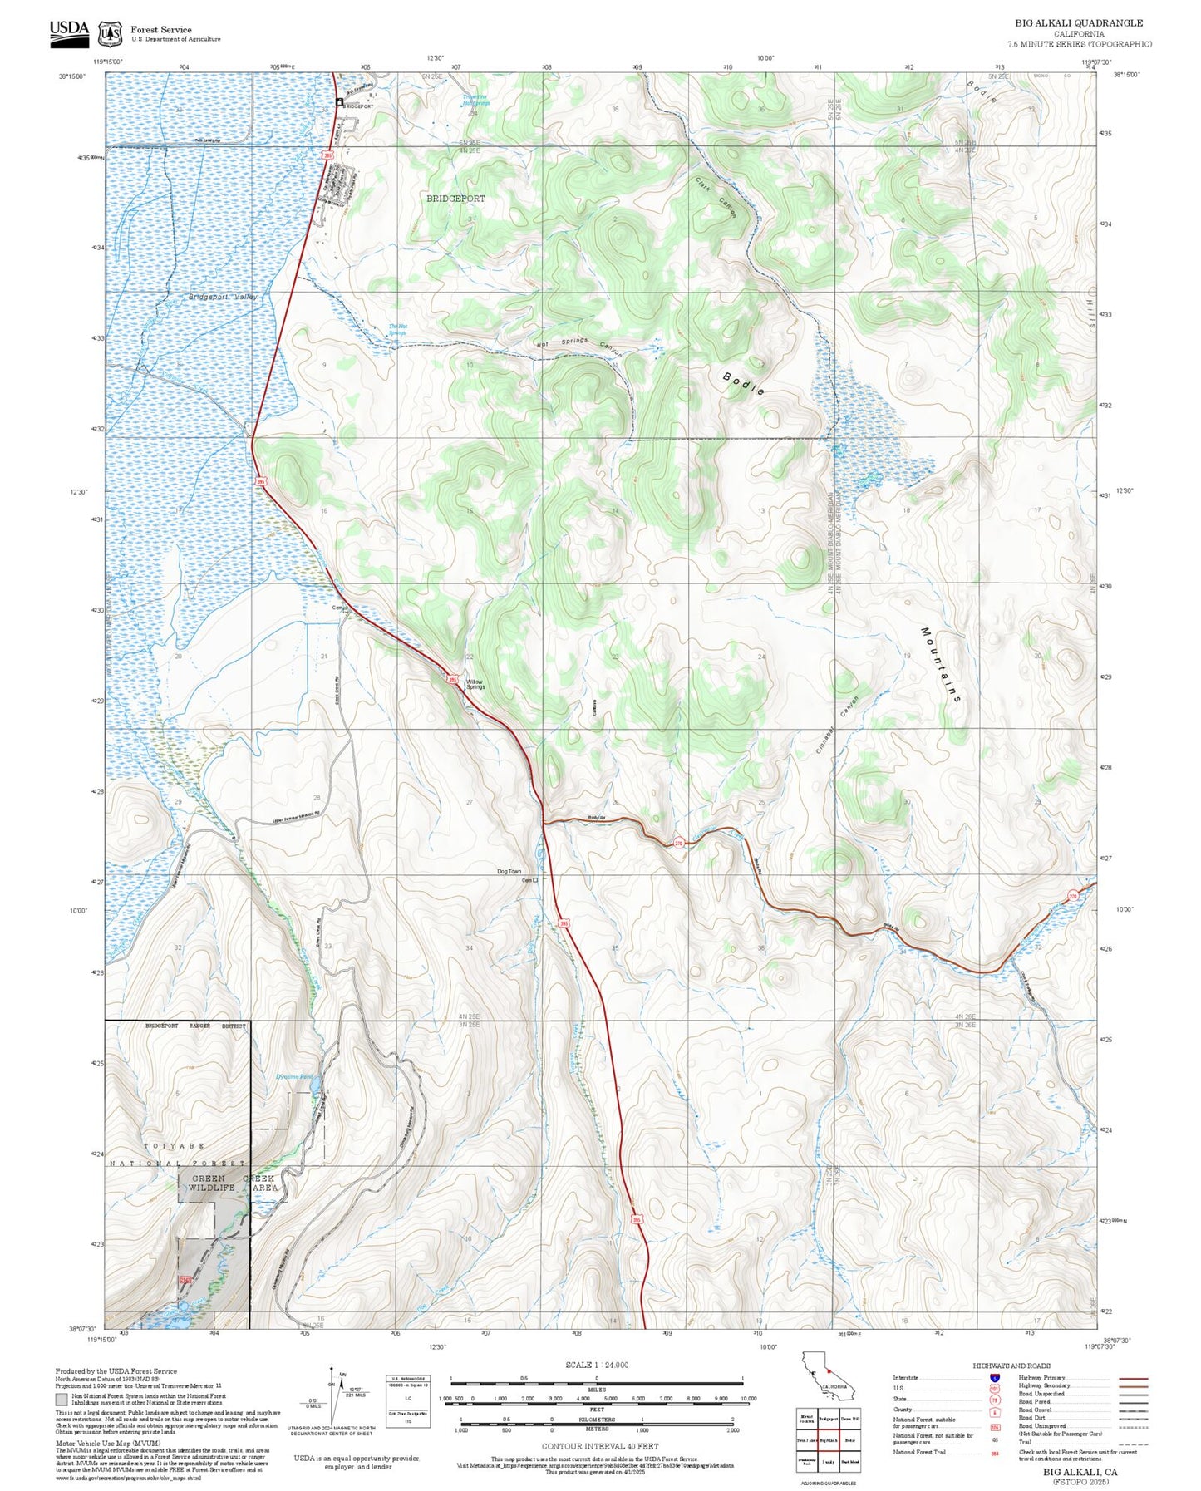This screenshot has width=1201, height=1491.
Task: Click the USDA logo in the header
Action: [x=69, y=31]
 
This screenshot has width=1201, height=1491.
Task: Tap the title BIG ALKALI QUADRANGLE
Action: [x=1078, y=23]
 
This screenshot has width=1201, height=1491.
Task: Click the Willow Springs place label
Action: [x=475, y=684]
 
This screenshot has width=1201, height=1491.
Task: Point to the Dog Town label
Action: [x=509, y=872]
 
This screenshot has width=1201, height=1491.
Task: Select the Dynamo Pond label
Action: [x=293, y=1077]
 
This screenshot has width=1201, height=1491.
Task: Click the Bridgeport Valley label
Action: [x=223, y=297]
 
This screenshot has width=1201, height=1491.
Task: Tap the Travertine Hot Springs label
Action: [x=476, y=100]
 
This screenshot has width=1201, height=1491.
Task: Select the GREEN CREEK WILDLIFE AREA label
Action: [x=234, y=1183]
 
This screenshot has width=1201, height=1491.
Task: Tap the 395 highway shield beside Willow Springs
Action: [x=452, y=679]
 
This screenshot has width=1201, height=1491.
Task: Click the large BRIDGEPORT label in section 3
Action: [x=455, y=199]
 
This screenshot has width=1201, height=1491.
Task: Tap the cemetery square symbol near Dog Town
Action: [x=535, y=880]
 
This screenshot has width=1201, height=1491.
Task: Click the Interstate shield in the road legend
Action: [x=995, y=1377]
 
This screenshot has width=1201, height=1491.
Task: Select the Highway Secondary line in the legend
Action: [x=1133, y=1386]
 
